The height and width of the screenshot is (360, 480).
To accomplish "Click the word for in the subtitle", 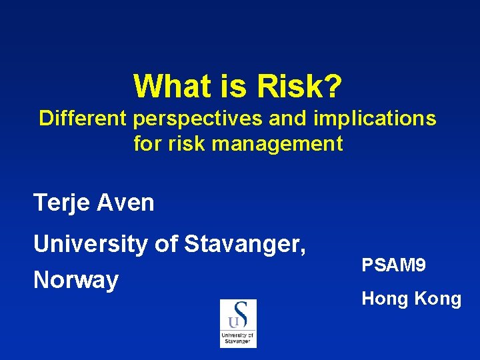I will coord(147,143).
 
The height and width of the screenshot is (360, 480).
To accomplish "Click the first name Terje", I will coord(62,203).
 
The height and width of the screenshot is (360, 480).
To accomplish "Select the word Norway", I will coord(76,280).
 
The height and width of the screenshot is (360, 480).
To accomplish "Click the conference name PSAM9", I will coord(393,265).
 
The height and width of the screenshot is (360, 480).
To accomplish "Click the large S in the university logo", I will coord(240,313).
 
